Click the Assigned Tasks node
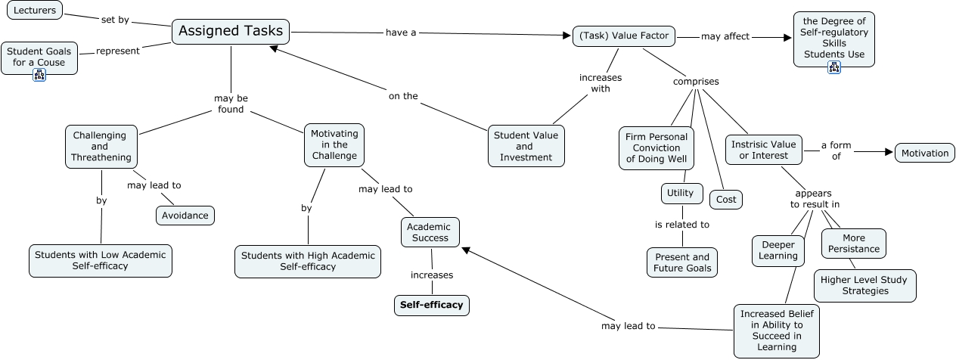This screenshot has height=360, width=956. coord(231,32)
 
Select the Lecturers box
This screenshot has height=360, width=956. coord(34,11)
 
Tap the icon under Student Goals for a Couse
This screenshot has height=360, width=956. coord(39,74)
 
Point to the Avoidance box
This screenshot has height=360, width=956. coord(185,216)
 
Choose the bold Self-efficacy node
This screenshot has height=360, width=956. coord(431,305)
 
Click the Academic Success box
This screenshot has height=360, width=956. coord(430,232)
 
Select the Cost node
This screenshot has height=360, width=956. coord(726,199)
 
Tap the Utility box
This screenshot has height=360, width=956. coord(681,193)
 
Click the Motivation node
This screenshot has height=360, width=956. coord(924,153)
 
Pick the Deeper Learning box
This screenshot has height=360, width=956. coord(778,250)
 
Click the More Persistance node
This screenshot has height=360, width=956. coord(854,243)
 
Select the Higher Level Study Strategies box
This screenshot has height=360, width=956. coord(864,285)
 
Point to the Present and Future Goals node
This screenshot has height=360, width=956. coord(681,262)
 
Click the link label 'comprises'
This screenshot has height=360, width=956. coord(696,82)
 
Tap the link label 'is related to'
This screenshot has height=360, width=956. coord(681,225)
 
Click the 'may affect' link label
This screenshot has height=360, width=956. coord(725,36)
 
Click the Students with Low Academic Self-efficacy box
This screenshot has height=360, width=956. coord(100,260)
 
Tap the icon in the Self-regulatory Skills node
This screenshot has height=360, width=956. coord(834,67)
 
